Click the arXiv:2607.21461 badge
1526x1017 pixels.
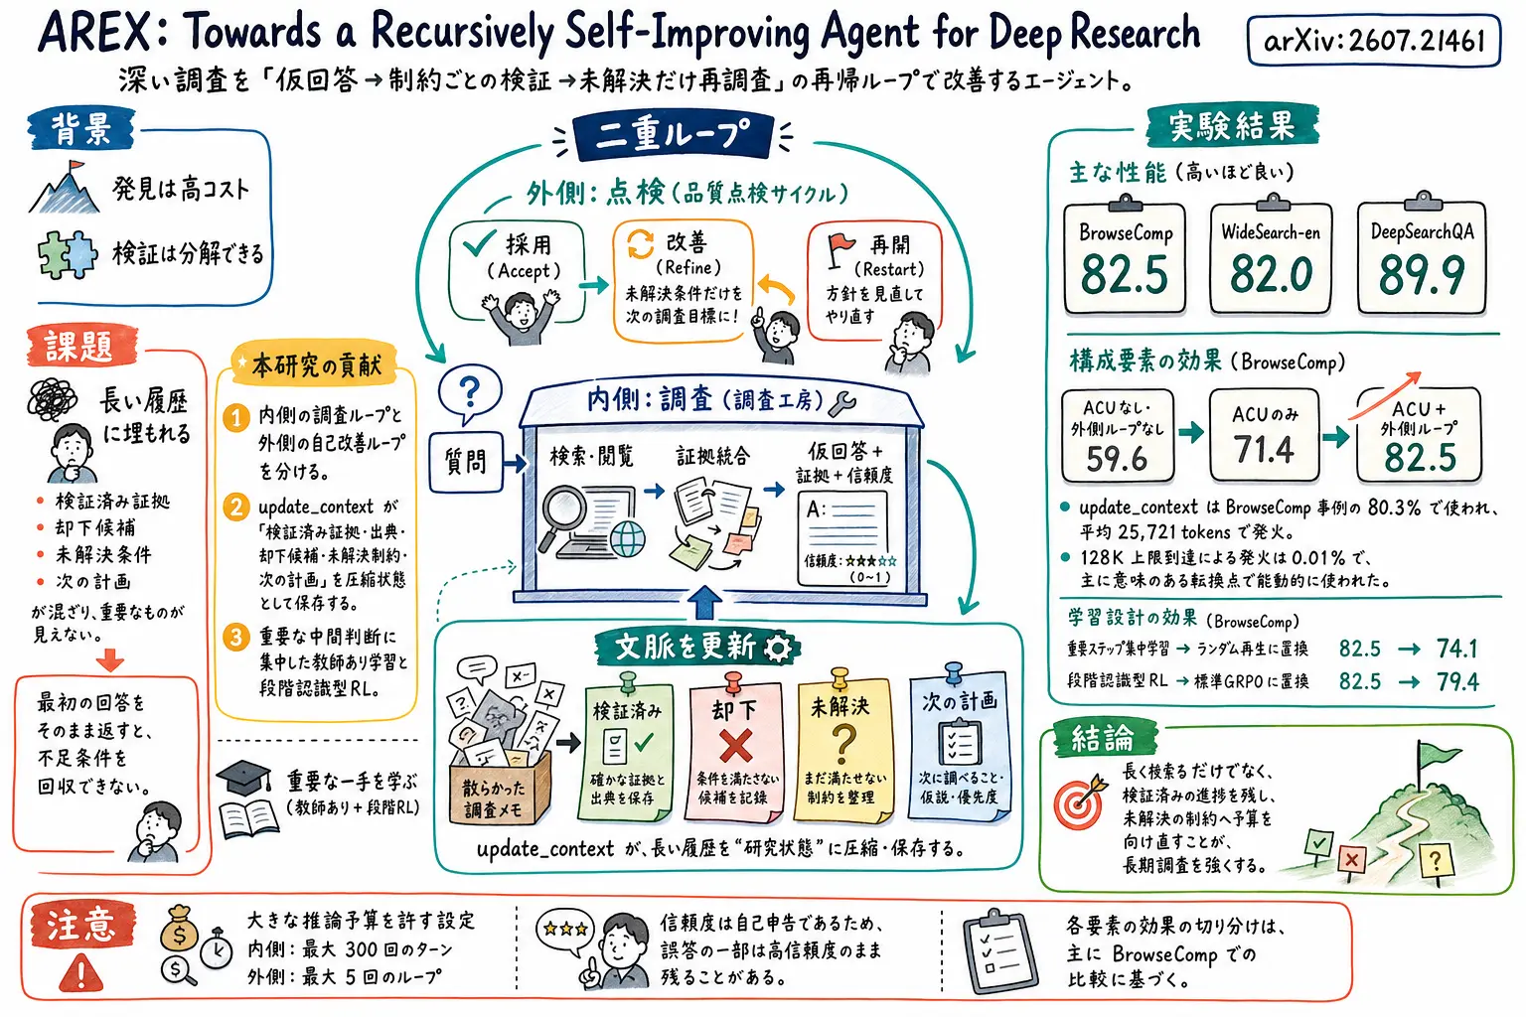(x=1373, y=42)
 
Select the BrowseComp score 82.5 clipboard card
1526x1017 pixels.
(x=1125, y=257)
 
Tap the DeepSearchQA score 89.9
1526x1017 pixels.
(x=1421, y=275)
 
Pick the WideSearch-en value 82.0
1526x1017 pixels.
(x=1272, y=274)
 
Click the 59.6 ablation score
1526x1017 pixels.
(x=1118, y=459)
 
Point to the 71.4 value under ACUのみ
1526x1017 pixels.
(x=1264, y=450)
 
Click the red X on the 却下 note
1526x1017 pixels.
(x=736, y=746)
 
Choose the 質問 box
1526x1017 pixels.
(x=466, y=462)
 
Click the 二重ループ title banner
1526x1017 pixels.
(x=673, y=135)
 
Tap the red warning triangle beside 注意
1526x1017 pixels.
(x=81, y=971)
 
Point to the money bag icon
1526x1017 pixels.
(x=179, y=930)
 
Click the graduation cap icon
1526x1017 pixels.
(x=243, y=778)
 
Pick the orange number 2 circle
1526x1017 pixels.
(x=236, y=508)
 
